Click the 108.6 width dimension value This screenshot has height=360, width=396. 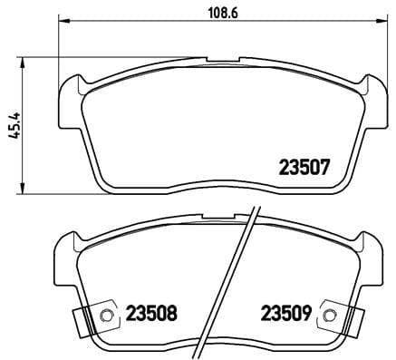pyautogui.click(x=223, y=13)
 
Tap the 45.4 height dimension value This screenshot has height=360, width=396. pyautogui.click(x=14, y=125)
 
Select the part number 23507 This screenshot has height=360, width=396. pyautogui.click(x=304, y=168)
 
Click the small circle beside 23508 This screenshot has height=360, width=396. pyautogui.click(x=106, y=316)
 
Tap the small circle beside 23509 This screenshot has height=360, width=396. pyautogui.click(x=328, y=316)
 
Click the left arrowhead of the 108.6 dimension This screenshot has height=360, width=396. pyautogui.click(x=63, y=21)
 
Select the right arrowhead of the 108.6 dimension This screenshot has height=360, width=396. pyautogui.click(x=381, y=21)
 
